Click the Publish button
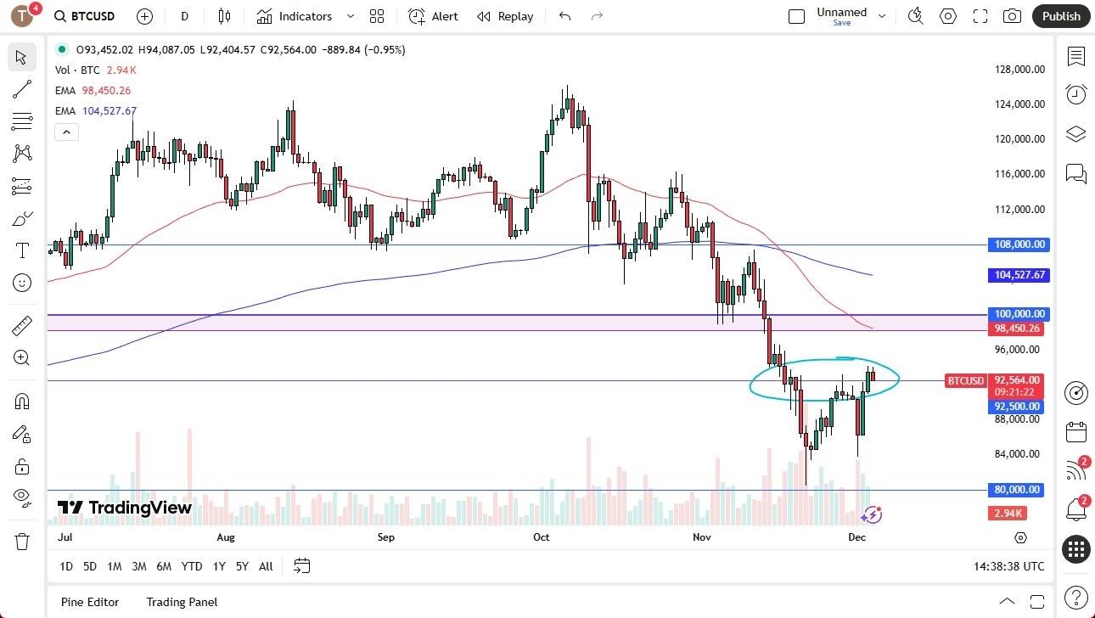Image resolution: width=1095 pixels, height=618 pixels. coord(1060,16)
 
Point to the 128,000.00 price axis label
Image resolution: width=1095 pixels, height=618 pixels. coord(1019,70)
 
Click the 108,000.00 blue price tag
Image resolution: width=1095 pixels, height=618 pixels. coord(1019,244)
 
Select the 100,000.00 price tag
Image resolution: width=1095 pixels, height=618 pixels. coord(1019,314)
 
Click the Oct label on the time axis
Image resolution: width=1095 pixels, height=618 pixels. coord(542,537)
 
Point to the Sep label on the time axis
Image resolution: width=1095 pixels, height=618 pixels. coord(386,537)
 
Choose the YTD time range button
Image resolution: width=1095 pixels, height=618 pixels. coord(192,566)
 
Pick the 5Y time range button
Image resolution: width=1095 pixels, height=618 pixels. coord(242,566)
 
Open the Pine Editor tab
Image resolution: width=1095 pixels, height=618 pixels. coord(90,602)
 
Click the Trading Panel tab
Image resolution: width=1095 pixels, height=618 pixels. coord(182,602)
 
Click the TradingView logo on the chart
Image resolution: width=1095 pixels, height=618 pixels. coord(125,508)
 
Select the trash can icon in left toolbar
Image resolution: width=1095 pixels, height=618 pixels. coord(22,541)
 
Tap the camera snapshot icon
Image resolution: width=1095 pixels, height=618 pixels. coord(1012,16)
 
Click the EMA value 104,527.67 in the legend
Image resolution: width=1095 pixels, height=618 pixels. coord(109,111)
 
